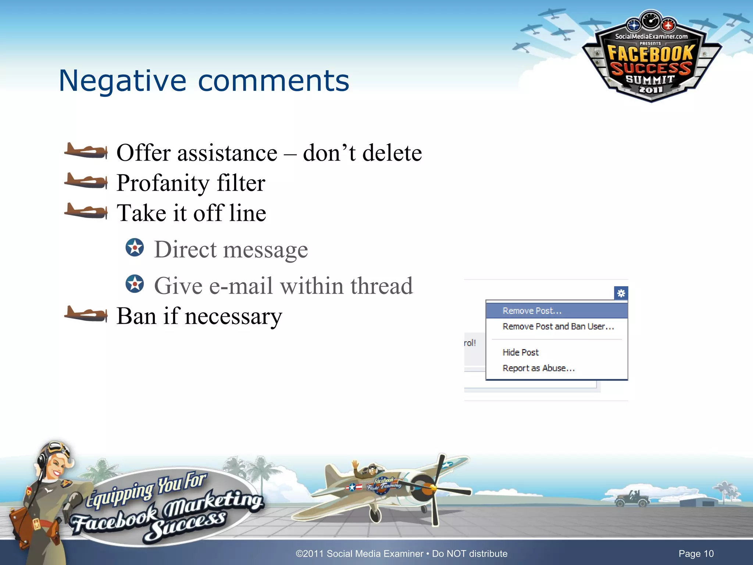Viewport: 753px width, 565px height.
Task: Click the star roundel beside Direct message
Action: coord(135,248)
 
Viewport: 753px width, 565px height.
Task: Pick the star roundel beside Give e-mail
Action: coord(135,284)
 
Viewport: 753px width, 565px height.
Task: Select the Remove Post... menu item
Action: coord(532,311)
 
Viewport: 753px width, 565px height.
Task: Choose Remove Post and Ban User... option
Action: coord(558,327)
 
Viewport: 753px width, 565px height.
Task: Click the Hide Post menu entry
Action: coord(520,352)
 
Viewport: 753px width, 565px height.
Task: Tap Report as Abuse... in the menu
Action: coord(538,368)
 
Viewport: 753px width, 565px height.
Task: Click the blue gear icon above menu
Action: coord(621,293)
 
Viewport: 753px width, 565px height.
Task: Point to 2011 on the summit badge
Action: coord(650,89)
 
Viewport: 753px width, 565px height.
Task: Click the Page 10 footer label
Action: coord(696,554)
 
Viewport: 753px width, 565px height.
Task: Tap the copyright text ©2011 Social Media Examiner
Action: coord(359,554)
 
